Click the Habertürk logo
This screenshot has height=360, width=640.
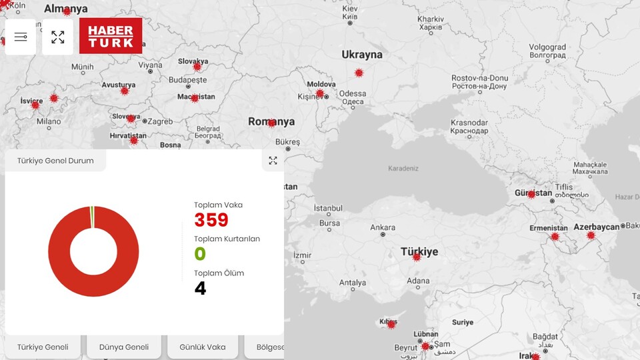point(111,36)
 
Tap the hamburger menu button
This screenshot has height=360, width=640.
point(21,37)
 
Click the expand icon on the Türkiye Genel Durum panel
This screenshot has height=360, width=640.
point(273,161)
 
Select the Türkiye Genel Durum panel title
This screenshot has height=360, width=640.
point(55,161)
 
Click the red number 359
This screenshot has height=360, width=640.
point(211,220)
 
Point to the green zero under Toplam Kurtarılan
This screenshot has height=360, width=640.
point(200,254)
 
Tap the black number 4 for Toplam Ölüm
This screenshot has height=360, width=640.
point(200,288)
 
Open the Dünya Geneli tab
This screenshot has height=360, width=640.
point(124,347)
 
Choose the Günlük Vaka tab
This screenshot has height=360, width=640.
point(203,347)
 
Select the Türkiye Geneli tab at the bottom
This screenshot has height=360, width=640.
point(43,347)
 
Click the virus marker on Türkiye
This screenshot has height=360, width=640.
point(417,257)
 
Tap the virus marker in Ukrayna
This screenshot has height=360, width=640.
point(359,73)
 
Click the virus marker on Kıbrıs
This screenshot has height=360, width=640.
point(391,325)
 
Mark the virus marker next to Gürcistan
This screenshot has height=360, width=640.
point(531,195)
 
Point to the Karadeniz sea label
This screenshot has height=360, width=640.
point(403,168)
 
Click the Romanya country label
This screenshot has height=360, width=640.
point(271,122)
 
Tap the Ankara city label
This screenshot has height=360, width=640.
point(383,227)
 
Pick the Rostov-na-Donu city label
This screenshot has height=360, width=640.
point(479,78)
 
